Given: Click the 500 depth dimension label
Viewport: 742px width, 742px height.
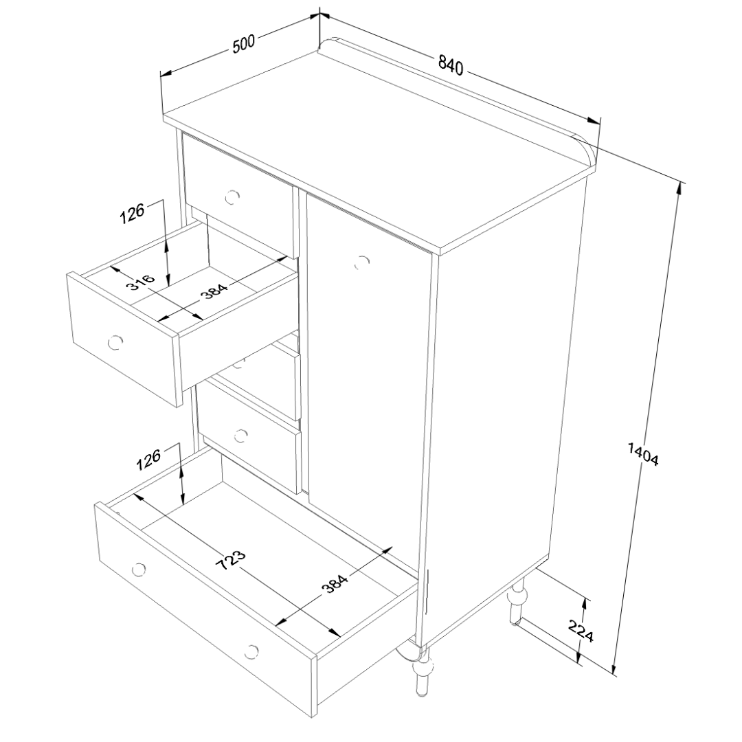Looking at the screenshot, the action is [x=244, y=44].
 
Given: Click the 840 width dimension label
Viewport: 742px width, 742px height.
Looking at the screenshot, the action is [x=450, y=65].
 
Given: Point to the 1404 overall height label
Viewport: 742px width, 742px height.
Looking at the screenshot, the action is [x=643, y=454].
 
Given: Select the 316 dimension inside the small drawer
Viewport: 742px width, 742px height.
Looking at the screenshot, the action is [x=141, y=282].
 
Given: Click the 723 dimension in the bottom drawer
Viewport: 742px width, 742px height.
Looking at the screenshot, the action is [x=231, y=561].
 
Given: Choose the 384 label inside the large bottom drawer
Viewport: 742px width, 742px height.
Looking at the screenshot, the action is [x=335, y=581].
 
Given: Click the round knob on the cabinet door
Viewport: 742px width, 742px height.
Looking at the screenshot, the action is [x=362, y=262].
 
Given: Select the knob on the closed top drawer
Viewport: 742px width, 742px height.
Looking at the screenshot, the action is [x=232, y=197].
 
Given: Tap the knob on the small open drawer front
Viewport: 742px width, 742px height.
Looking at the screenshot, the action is [x=115, y=341].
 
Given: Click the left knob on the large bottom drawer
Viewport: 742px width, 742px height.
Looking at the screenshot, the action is [x=139, y=570].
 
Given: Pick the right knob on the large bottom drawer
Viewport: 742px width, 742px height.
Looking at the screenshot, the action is [x=251, y=651].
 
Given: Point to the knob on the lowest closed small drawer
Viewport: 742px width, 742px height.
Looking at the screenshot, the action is [x=241, y=436].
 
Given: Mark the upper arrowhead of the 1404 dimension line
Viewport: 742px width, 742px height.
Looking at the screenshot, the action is [x=680, y=188].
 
